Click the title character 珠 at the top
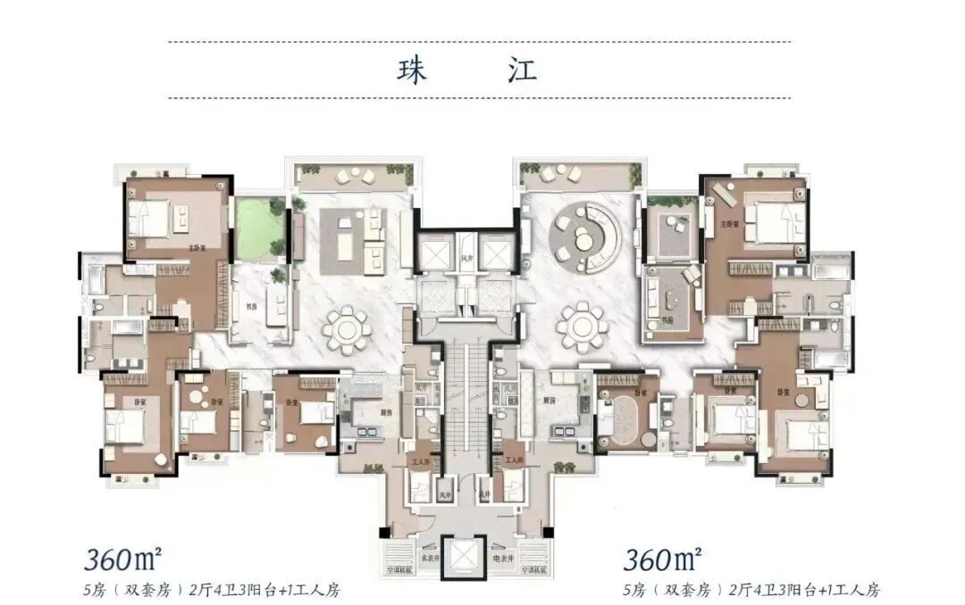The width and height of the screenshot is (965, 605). point(412,70)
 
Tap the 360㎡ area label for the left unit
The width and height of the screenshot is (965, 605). point(123,559)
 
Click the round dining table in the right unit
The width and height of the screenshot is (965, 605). point(583,327)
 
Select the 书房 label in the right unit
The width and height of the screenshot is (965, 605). point(667,319)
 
